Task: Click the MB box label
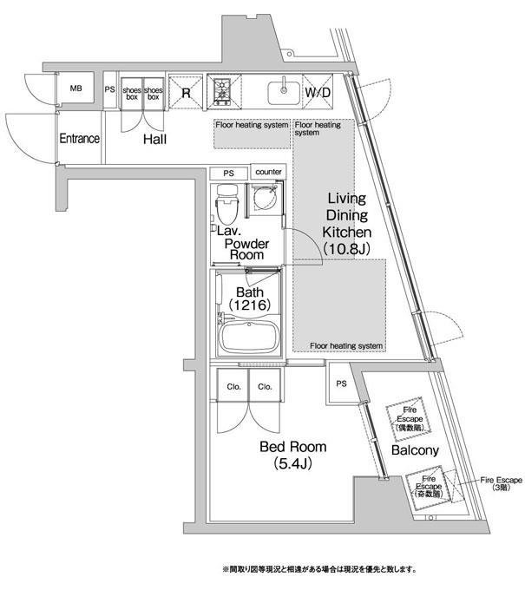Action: pos(75,88)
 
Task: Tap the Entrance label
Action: pos(79,139)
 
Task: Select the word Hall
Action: pos(156,140)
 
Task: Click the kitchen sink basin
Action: pos(282,91)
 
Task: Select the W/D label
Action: pos(316,93)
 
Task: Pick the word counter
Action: pos(268,172)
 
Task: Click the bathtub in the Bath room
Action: pos(248,336)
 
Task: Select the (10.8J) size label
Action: pos(347,248)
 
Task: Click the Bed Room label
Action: pos(293,448)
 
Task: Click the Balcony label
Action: pos(415,451)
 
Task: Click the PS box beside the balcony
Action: pos(340,383)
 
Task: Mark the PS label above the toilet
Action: pos(228,172)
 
